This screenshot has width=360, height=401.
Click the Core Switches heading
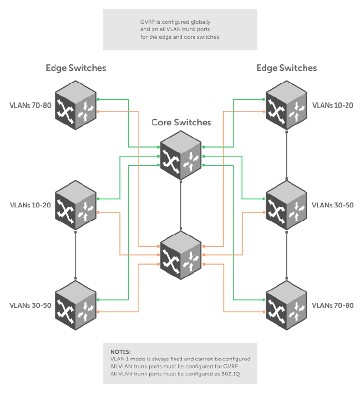(181, 122)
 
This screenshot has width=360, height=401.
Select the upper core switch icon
(181, 155)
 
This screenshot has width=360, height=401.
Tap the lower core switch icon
(181, 255)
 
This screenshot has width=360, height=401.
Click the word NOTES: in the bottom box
(120, 352)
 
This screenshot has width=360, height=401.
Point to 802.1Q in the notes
(231, 374)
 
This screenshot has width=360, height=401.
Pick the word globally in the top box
(200, 22)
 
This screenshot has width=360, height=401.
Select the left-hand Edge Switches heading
(75, 68)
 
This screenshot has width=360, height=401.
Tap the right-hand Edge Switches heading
(287, 68)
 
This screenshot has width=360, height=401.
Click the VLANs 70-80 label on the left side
(31, 105)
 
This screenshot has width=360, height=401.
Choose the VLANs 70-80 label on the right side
(333, 306)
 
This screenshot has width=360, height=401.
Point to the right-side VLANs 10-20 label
(333, 105)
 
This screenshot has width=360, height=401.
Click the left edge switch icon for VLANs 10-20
(75, 205)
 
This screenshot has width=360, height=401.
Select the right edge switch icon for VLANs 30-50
(286, 205)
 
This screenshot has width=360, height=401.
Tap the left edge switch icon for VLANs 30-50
(75, 306)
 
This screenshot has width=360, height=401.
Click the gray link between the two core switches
(181, 205)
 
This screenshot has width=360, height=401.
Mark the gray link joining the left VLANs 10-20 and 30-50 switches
(75, 255)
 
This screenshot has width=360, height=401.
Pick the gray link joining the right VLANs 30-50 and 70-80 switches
(287, 255)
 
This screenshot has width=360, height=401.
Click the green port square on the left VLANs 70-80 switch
(98, 99)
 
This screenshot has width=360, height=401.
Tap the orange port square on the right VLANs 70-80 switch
(264, 312)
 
